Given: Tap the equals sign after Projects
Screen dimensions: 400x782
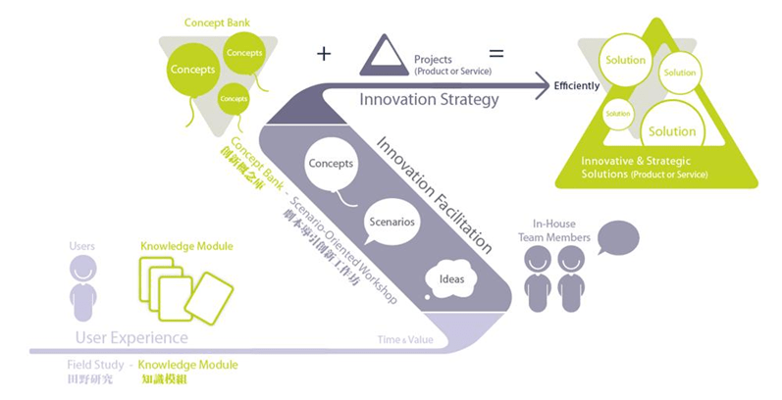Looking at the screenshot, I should click(x=496, y=53).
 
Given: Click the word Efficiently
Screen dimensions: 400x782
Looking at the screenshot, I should click(x=577, y=86).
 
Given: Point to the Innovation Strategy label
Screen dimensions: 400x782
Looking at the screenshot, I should click(x=429, y=99).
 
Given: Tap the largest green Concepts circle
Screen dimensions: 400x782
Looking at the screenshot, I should click(x=193, y=70).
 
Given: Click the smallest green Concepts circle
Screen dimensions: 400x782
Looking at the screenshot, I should click(x=234, y=98).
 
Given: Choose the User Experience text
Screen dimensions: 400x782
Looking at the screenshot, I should click(x=131, y=338).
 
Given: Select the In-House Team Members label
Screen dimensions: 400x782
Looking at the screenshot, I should click(x=554, y=230).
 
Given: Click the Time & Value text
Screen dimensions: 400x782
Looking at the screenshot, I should click(x=403, y=338).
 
